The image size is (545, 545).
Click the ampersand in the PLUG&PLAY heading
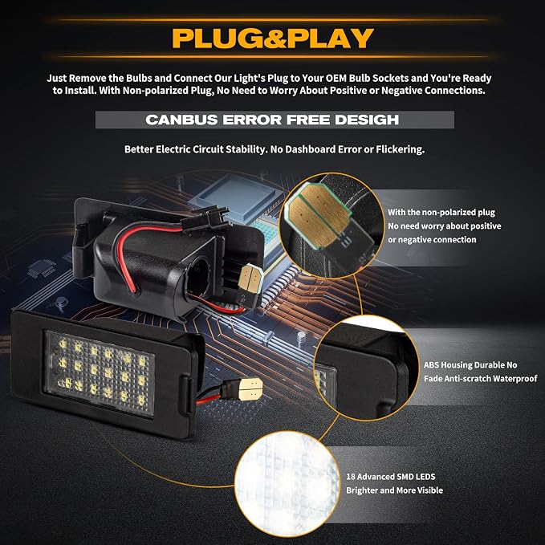pyautogui.click(x=275, y=39)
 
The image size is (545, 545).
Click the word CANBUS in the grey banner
pyautogui.click(x=181, y=120)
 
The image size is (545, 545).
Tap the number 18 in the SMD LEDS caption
pyautogui.click(x=350, y=477)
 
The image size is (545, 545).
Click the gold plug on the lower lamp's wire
pyautogui.click(x=251, y=389)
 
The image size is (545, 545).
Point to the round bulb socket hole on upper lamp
pyautogui.click(x=199, y=278)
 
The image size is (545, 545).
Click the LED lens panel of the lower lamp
pyautogui.click(x=100, y=373)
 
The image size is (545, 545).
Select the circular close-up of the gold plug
pyautogui.click(x=332, y=225)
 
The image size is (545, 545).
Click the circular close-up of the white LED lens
pyautogui.click(x=287, y=483)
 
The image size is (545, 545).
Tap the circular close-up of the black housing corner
pyautogui.click(x=366, y=368)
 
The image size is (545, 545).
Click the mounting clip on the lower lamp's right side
pyautogui.click(x=189, y=396)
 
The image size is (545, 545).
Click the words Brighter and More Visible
pyautogui.click(x=394, y=490)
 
